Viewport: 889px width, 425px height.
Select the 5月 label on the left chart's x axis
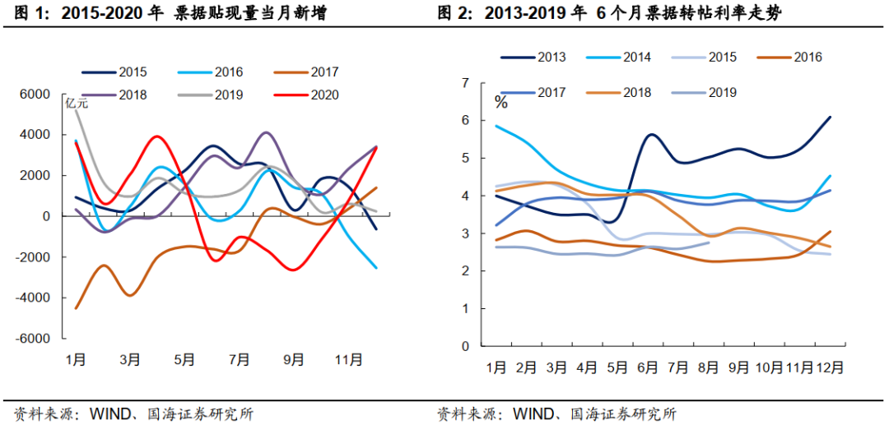(184, 359)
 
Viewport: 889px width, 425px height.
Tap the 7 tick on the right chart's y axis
(466, 83)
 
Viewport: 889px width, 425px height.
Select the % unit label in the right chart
(500, 103)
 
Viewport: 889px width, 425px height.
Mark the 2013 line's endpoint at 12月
(830, 117)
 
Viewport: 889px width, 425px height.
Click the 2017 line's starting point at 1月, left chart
(76, 308)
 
